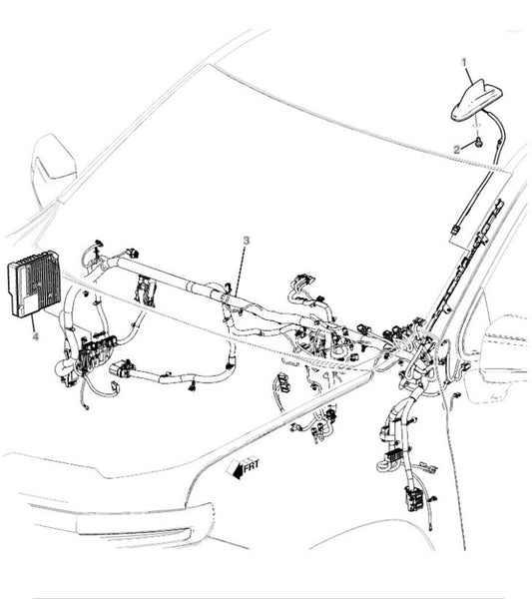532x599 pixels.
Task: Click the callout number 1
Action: [464, 62]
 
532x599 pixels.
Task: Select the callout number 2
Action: [457, 150]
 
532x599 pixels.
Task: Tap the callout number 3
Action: [247, 241]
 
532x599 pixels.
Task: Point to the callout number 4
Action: [36, 336]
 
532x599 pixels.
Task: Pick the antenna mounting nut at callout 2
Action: [478, 143]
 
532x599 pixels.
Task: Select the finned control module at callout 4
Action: [34, 284]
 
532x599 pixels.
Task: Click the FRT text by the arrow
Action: [252, 465]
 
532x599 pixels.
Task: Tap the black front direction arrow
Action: [239, 470]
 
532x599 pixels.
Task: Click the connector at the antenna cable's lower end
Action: [455, 230]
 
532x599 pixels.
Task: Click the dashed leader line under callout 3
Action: [238, 270]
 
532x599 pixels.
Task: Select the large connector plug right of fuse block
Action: [122, 369]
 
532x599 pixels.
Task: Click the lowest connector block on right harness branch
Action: [414, 499]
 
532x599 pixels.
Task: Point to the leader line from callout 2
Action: [467, 147]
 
